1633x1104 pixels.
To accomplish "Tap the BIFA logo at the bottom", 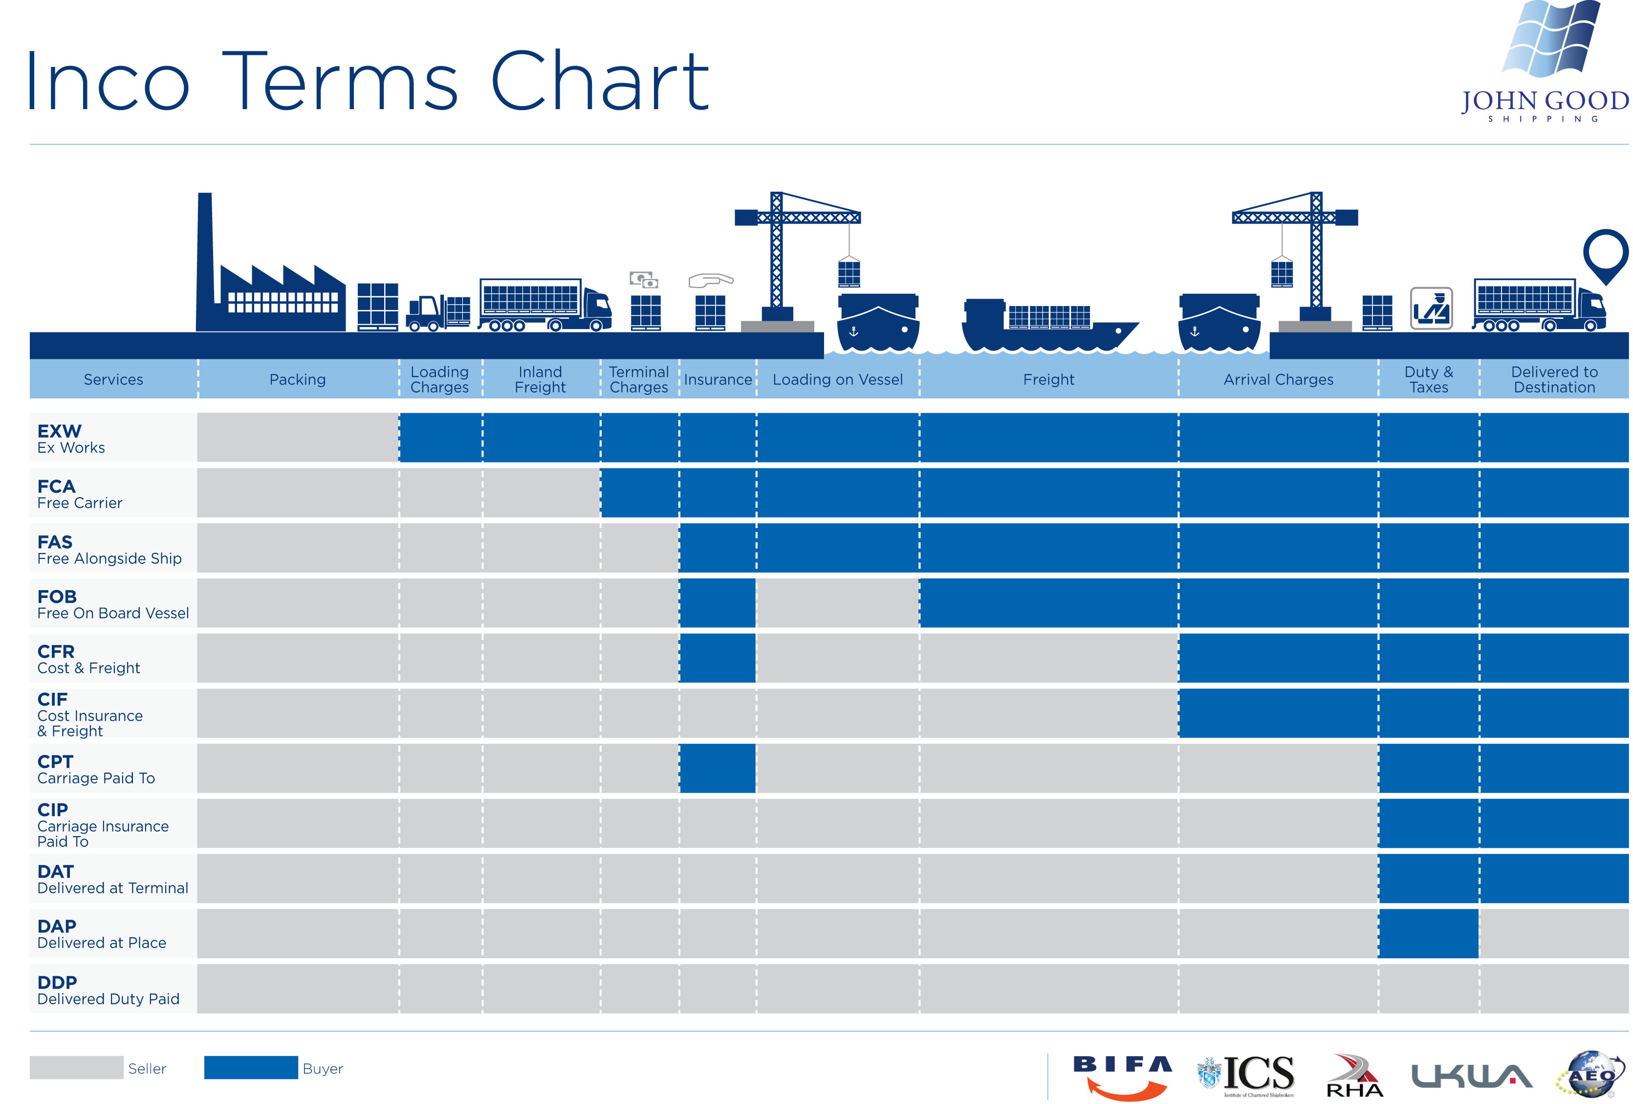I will point(1122,1075).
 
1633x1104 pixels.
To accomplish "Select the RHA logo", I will point(1354,1075).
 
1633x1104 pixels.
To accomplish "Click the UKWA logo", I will point(1471,1075).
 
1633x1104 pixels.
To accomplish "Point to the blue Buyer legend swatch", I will point(251,1067).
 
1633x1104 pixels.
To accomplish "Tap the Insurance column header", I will point(718,379).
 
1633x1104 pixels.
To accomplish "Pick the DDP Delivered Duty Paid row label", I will point(108,990).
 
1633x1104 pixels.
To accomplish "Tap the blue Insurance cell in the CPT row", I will point(718,768).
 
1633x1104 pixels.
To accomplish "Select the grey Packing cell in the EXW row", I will point(297,437).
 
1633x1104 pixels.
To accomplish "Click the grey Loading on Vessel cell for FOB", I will point(838,603).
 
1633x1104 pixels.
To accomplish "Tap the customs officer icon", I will point(1431,308).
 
